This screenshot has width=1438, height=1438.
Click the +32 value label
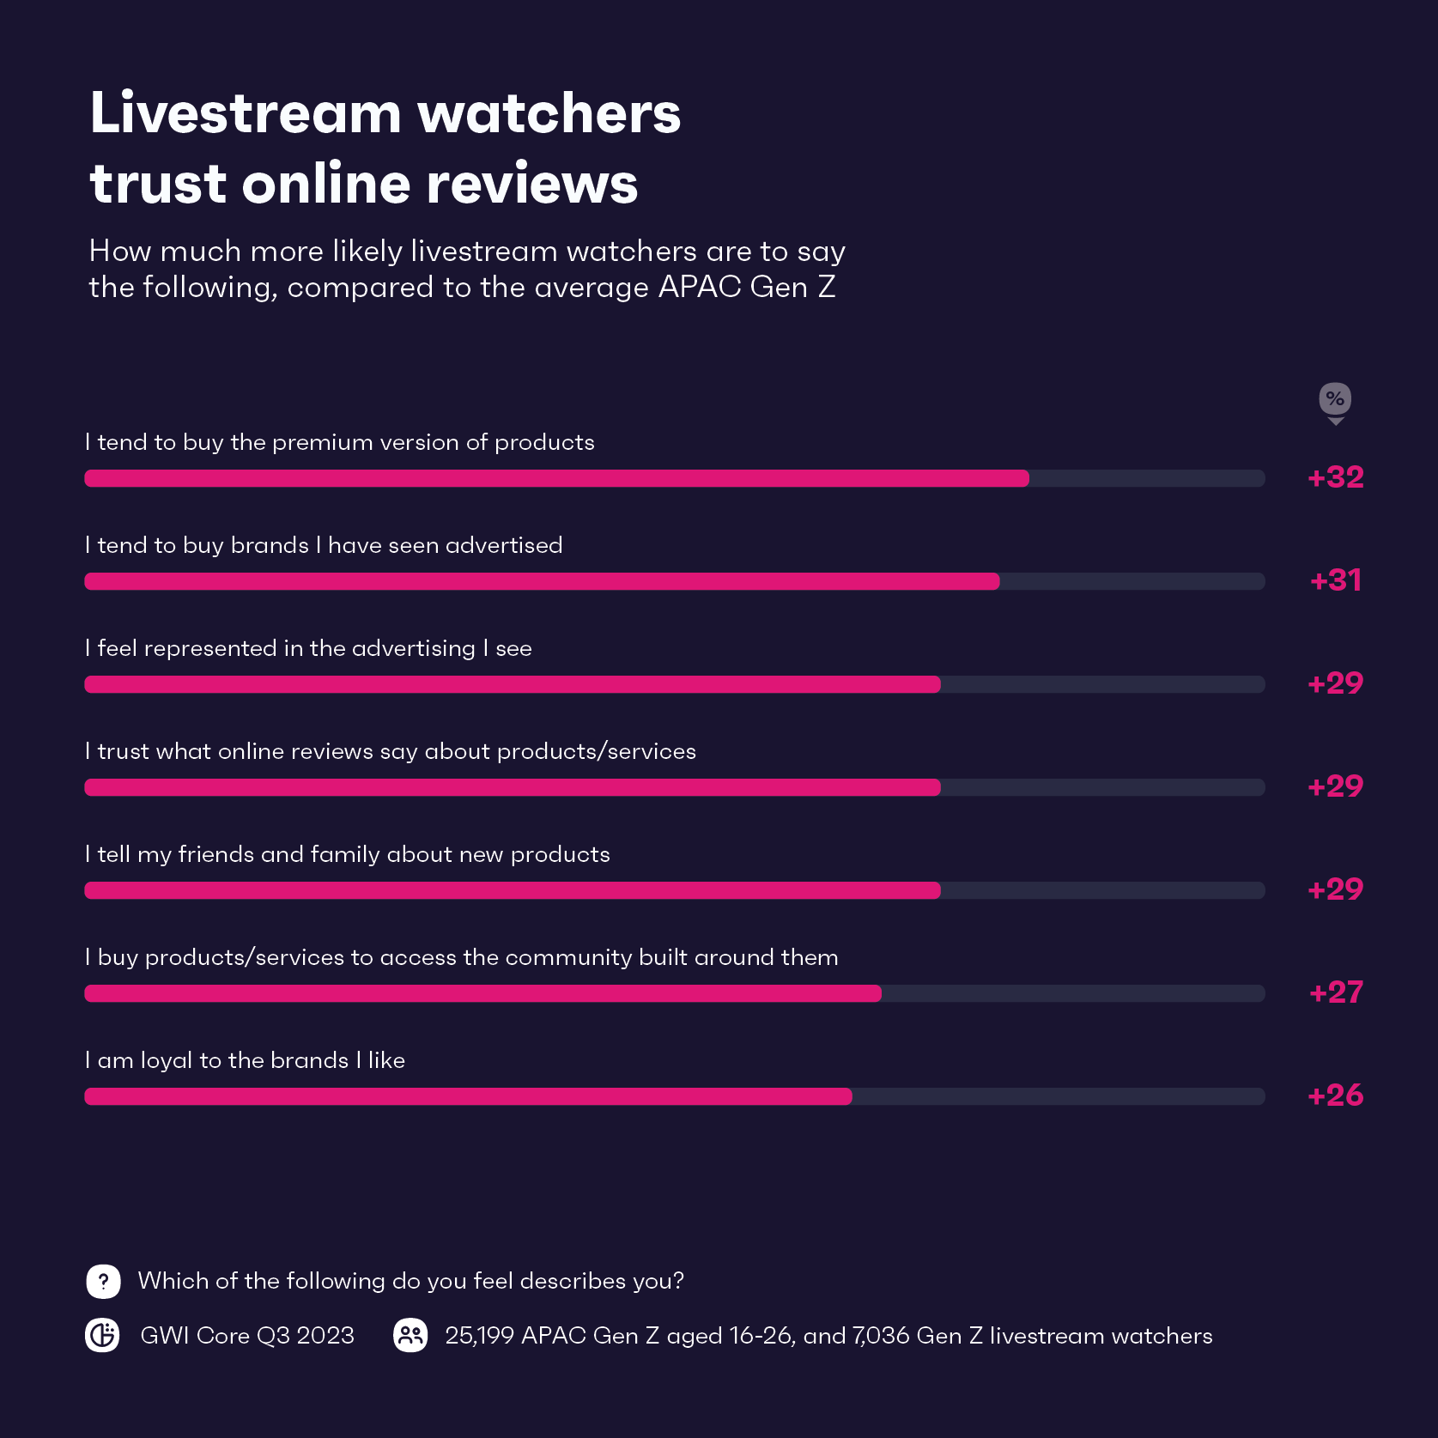(x=1335, y=477)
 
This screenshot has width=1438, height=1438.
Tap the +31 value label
(x=1335, y=580)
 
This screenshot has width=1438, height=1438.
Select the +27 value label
(x=1335, y=992)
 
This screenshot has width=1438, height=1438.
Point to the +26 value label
(x=1335, y=1095)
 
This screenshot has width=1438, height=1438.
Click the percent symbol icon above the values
(x=1335, y=399)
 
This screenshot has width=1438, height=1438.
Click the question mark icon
(x=103, y=1282)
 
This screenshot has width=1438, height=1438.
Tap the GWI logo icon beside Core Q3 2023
(x=102, y=1335)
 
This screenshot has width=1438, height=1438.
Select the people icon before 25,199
(x=410, y=1335)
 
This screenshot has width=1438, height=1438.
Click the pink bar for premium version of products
(x=556, y=478)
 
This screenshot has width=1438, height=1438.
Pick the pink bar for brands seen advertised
(x=542, y=581)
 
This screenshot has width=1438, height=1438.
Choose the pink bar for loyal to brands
(x=468, y=1096)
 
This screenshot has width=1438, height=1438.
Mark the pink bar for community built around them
(x=482, y=993)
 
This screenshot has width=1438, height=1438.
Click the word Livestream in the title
(x=246, y=113)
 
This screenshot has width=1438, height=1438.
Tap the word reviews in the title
(x=532, y=184)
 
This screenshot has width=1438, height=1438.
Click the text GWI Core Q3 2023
(x=247, y=1336)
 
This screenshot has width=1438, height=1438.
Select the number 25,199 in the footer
(x=479, y=1336)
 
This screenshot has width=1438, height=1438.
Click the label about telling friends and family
(x=348, y=854)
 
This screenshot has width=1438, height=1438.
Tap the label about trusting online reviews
(x=391, y=751)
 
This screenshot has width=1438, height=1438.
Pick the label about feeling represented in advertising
(x=308, y=648)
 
